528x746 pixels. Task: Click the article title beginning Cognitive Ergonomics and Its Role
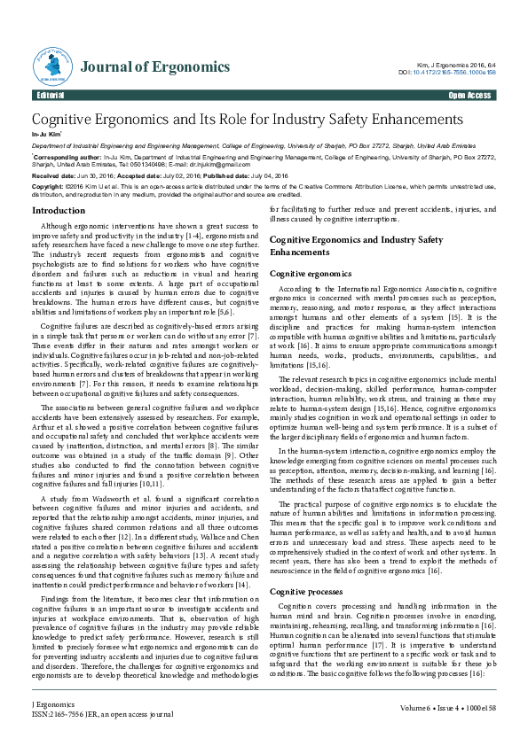(248, 119)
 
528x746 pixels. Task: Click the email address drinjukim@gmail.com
(183, 164)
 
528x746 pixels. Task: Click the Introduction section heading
(59, 211)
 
